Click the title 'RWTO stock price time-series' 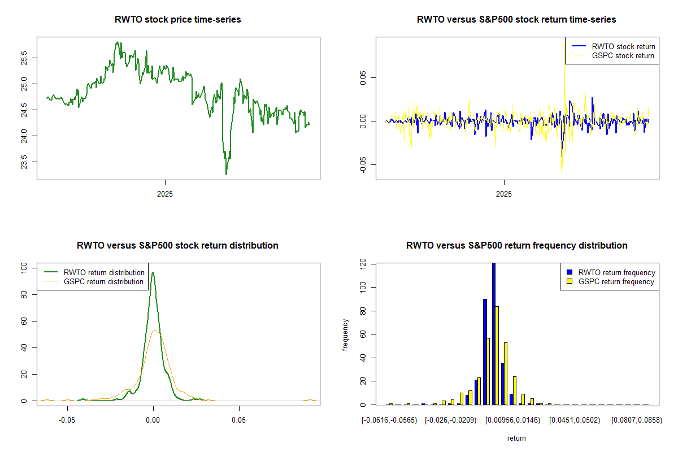coord(178,20)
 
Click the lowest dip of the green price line coord(226,174)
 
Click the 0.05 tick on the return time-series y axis coord(367,77)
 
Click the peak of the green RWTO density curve coord(153,273)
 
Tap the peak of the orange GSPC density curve coord(155,331)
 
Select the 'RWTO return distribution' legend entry coord(104,272)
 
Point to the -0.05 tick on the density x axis coord(68,420)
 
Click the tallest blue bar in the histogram coord(493,333)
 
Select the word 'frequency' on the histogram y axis coord(346,334)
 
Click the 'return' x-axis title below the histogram coord(516,438)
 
